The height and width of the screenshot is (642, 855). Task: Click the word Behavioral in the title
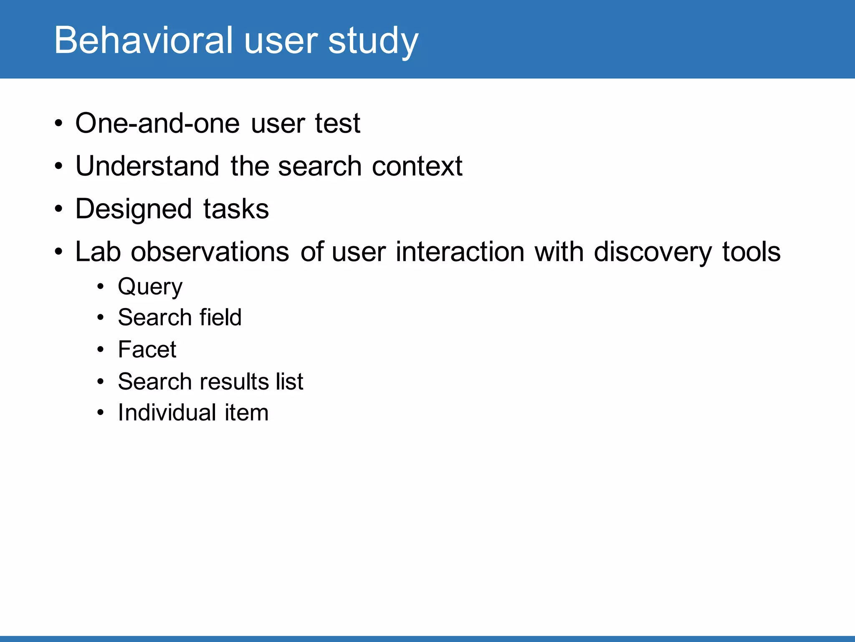click(x=143, y=40)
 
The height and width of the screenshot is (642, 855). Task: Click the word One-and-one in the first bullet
click(x=157, y=123)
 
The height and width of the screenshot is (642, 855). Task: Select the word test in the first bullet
click(x=337, y=123)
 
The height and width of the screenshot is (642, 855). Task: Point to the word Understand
click(x=147, y=166)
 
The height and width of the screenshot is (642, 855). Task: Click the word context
click(x=417, y=166)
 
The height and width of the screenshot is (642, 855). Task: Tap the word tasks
click(x=236, y=209)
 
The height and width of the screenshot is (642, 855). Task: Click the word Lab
click(x=98, y=252)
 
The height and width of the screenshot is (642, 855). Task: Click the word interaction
click(x=460, y=252)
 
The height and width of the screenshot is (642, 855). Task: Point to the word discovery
click(x=653, y=252)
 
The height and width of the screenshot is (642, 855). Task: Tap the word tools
click(x=751, y=252)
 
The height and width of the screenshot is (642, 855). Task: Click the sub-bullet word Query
click(x=150, y=287)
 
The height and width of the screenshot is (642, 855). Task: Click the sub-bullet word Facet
click(x=147, y=349)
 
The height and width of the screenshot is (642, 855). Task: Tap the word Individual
click(x=167, y=413)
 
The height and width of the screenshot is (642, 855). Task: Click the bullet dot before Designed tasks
click(x=59, y=209)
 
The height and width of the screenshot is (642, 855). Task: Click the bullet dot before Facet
click(x=100, y=349)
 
